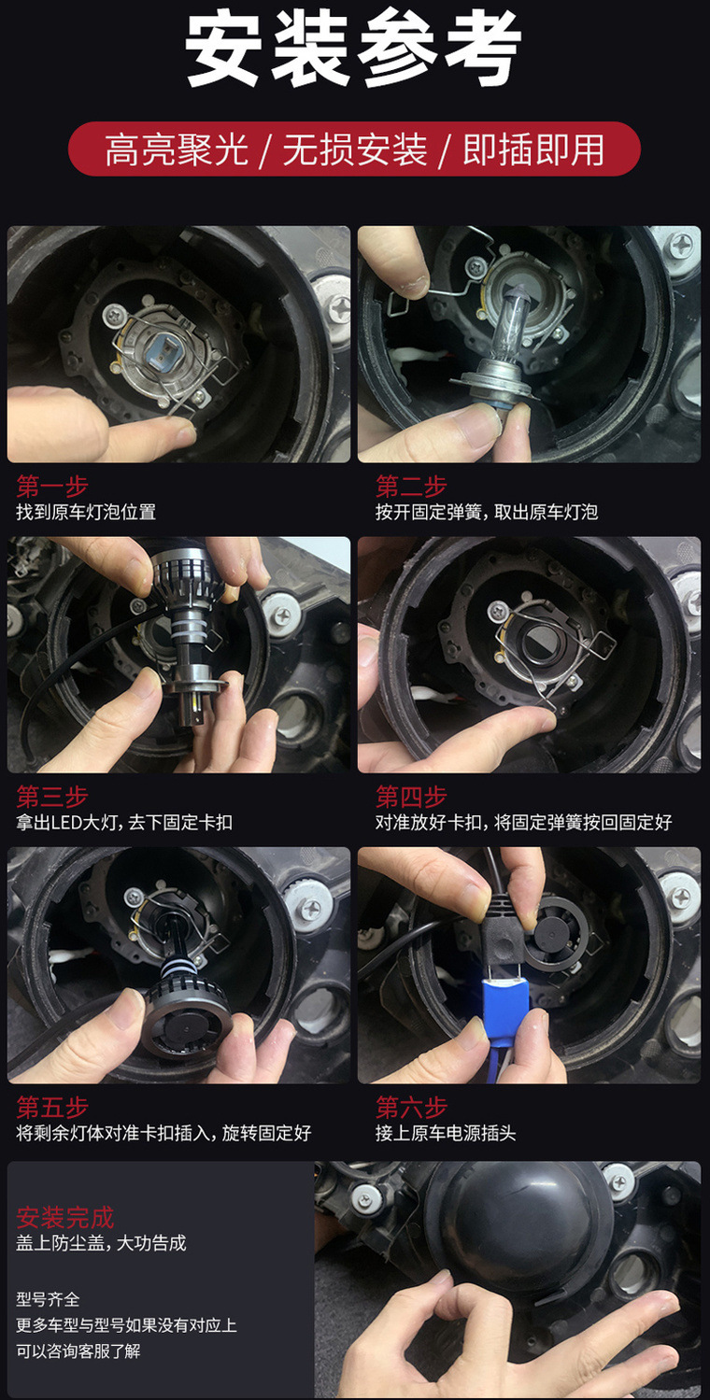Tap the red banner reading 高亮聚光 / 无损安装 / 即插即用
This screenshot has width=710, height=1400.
click(354, 149)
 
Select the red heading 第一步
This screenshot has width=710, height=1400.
click(51, 486)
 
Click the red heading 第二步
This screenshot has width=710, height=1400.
click(411, 486)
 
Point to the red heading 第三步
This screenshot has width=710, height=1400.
click(51, 797)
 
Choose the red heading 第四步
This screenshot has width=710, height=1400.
click(411, 797)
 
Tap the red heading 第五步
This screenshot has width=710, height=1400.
click(51, 1108)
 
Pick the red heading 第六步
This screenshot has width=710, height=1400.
click(411, 1108)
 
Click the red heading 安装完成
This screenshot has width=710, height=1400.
click(64, 1217)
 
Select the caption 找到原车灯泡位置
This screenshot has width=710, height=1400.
click(86, 512)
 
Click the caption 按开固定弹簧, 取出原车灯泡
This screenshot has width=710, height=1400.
click(486, 512)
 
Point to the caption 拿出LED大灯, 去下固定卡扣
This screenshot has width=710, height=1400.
click(124, 823)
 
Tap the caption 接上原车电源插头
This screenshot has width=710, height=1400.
click(446, 1134)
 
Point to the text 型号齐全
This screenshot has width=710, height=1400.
click(48, 1299)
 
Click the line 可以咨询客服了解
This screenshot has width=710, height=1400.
click(78, 1351)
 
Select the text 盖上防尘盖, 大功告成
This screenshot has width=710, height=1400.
click(101, 1243)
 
